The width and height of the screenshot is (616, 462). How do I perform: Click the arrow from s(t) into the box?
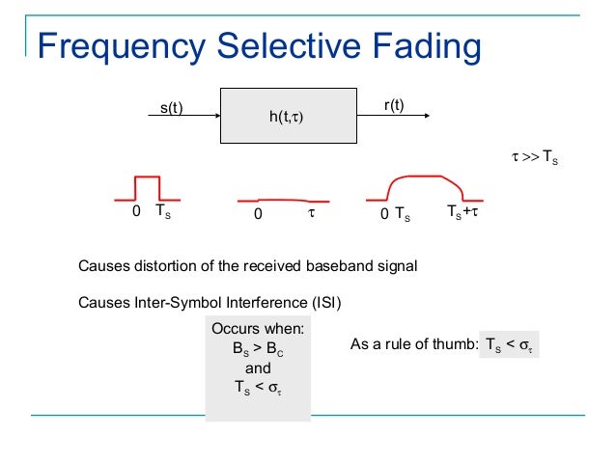pos(183,118)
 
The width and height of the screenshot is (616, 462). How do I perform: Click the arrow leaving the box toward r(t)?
pos(392,118)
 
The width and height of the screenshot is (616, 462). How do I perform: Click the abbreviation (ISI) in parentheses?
pos(325,303)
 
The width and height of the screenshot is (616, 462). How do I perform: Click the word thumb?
pos(454,345)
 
